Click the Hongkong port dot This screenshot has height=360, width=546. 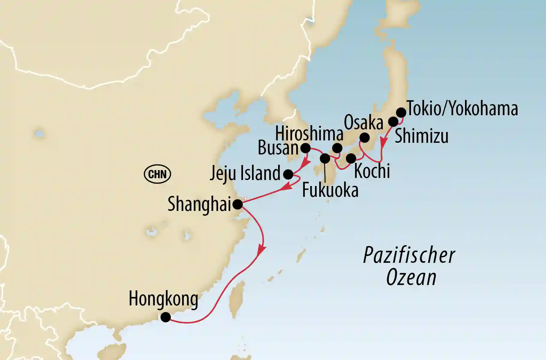point(166,317)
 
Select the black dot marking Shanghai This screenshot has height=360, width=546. point(238,204)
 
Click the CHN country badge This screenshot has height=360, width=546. point(157,174)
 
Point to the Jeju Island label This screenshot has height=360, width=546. point(245,173)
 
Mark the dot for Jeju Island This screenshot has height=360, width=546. point(288,174)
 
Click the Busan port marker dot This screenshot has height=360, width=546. point(306,148)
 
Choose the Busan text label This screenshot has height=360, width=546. point(278,148)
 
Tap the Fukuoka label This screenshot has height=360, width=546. point(330,190)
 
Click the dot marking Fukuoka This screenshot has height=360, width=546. point(325,158)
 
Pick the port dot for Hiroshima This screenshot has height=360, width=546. point(337,148)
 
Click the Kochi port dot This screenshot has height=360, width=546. point(351,158)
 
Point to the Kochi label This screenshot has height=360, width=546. point(372,171)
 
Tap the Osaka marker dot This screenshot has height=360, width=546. point(364,138)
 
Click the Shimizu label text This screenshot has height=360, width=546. point(421,136)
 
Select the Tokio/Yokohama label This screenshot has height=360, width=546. point(462,109)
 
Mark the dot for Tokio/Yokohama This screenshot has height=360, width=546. point(401,112)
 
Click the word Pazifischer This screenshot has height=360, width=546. point(409,256)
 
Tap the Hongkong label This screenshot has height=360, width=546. point(163,299)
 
